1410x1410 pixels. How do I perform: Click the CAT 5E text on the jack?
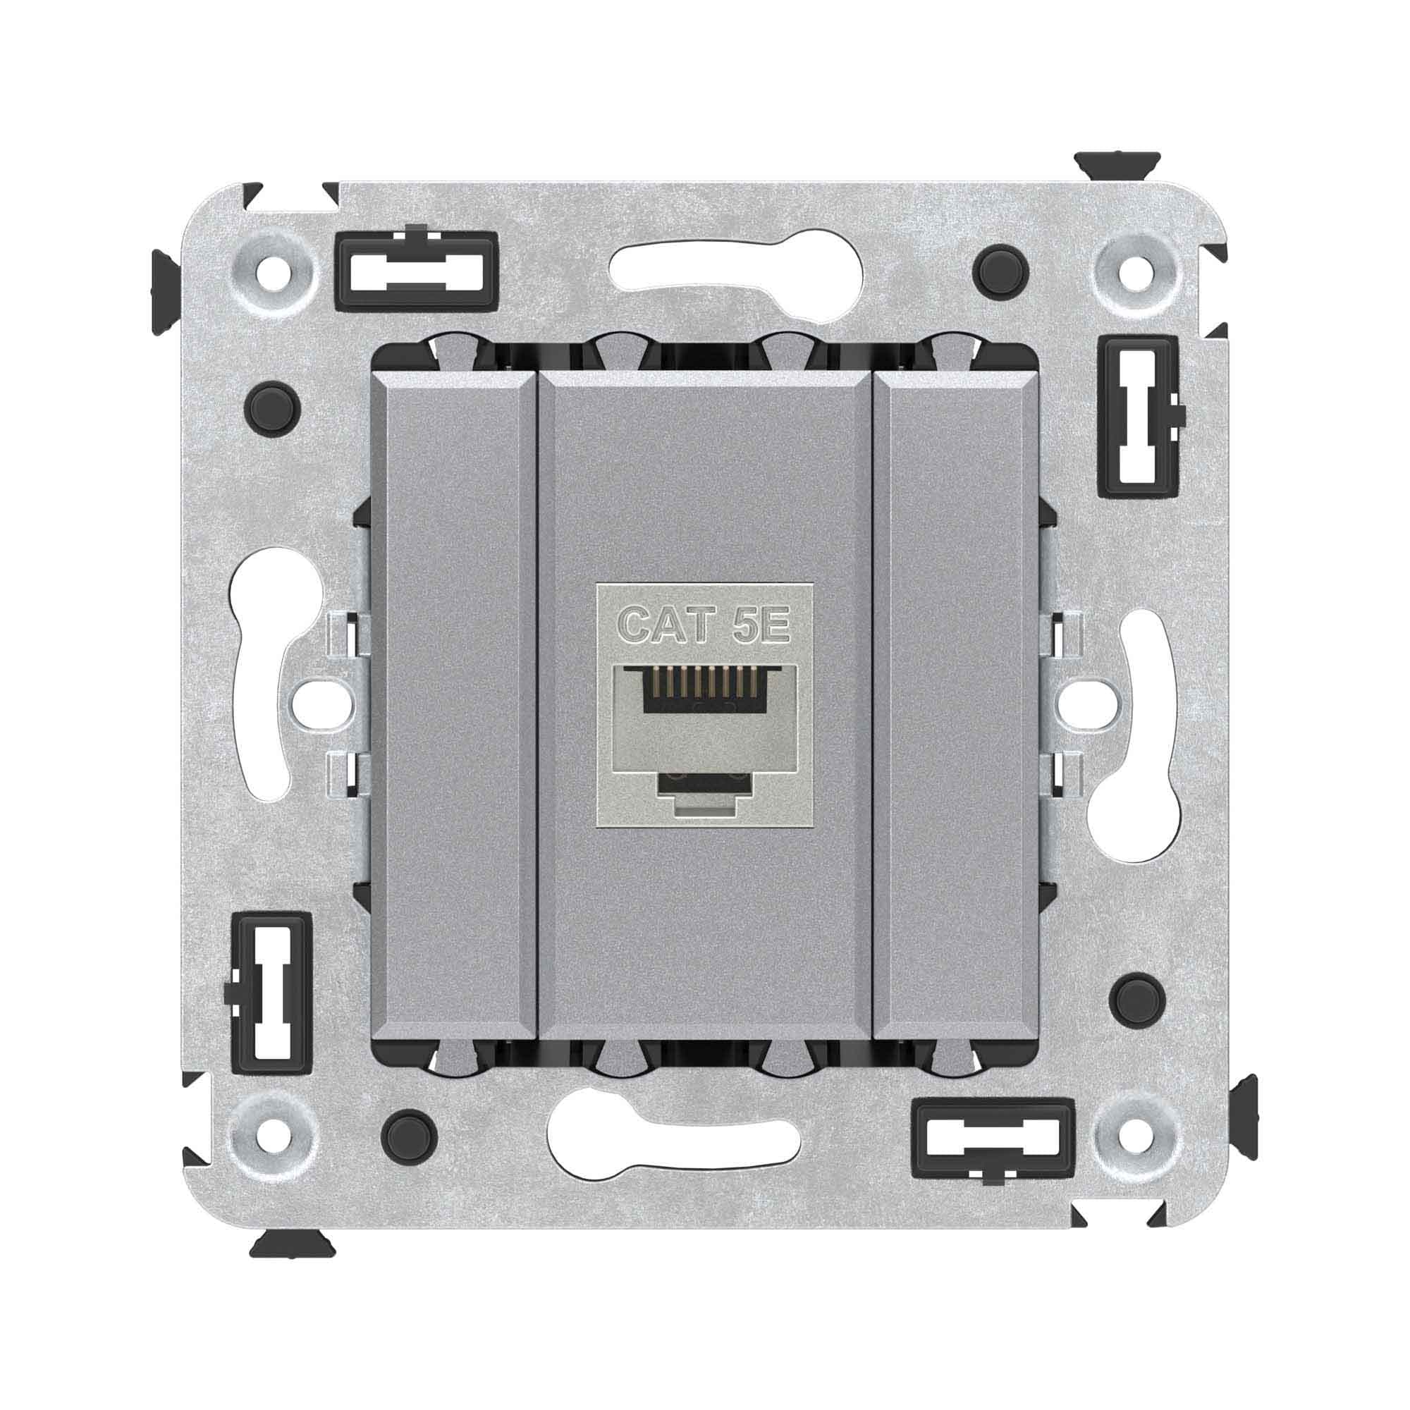point(704,625)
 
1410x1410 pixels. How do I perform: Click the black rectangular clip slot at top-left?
point(416,268)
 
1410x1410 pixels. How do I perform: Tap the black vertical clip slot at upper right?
point(1139,417)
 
